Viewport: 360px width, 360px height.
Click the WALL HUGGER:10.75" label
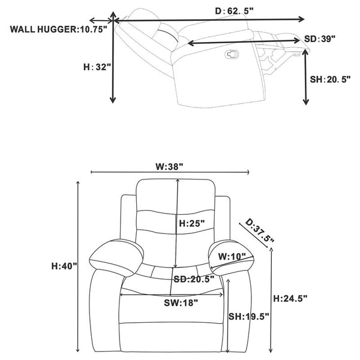tap(59, 29)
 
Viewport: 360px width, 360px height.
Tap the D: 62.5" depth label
tap(234, 11)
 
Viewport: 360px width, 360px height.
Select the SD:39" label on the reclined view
tap(320, 39)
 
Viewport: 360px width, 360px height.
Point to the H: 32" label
tap(97, 67)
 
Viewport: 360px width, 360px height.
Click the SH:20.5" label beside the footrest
tap(330, 79)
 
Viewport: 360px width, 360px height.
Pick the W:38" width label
tap(170, 166)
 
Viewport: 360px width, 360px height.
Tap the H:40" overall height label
tap(64, 266)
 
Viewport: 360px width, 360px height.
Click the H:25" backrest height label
tap(192, 223)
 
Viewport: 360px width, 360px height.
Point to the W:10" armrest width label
tap(232, 256)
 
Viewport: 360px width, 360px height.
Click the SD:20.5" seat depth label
tap(194, 279)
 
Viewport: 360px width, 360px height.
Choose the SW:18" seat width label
tap(181, 303)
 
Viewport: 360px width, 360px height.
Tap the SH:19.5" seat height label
tap(248, 317)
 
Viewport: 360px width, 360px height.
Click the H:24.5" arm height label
tap(290, 298)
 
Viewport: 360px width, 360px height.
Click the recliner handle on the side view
tap(232, 54)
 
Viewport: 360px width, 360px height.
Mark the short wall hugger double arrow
tap(101, 20)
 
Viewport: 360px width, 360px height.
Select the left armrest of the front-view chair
tap(116, 257)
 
